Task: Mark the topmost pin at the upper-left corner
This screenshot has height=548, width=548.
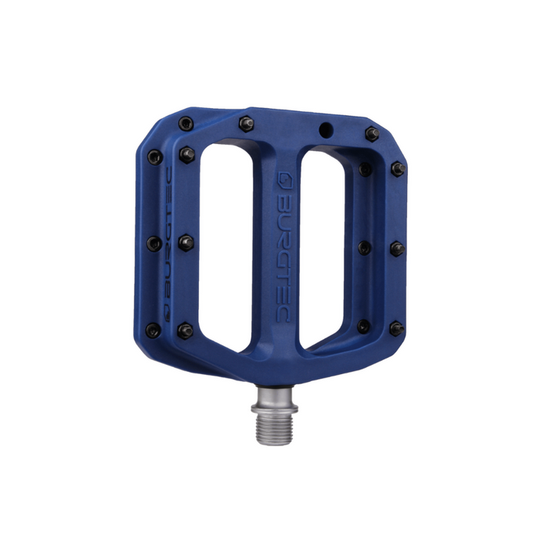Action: pos(185,124)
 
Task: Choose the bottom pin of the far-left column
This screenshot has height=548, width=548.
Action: pos(154,330)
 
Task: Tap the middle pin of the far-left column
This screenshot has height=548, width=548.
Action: pos(154,243)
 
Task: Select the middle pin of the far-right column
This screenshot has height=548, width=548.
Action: pos(397,248)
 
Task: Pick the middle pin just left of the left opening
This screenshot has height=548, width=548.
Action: pos(186,243)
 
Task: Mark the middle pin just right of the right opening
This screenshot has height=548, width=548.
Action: pos(365,247)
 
